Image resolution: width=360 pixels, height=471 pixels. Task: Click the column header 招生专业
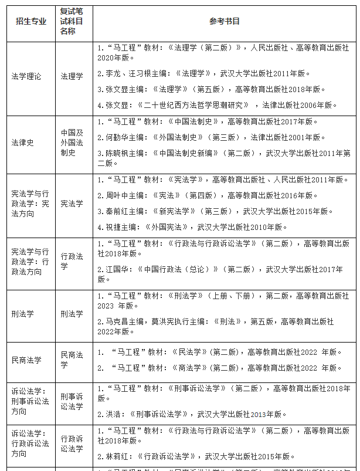click(30, 22)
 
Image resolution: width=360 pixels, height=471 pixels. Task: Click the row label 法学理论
click(26, 76)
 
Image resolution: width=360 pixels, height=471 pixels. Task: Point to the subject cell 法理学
click(72, 76)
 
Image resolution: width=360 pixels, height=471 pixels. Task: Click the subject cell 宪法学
click(72, 204)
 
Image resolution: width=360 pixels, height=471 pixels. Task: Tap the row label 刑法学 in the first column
click(23, 314)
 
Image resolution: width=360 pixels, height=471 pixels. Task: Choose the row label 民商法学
click(26, 360)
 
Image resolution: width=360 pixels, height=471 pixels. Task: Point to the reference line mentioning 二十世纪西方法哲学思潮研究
click(217, 105)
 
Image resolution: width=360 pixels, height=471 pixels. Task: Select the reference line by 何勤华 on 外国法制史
click(210, 137)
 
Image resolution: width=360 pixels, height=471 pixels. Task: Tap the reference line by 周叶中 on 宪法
click(208, 195)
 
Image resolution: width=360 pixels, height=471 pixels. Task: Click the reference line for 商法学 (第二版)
click(220, 368)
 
